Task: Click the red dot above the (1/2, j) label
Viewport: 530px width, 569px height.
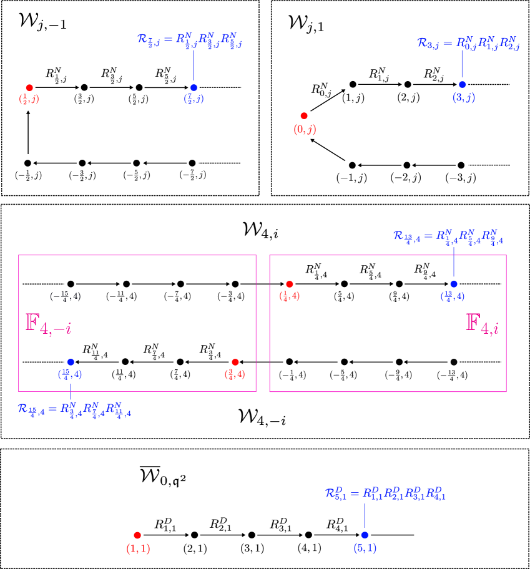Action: (x=29, y=87)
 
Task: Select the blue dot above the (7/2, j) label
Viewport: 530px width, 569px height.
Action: (x=194, y=87)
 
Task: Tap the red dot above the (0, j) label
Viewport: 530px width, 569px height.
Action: (x=304, y=115)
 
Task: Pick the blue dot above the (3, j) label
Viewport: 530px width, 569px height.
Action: (x=462, y=84)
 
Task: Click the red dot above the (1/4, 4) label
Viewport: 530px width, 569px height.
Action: (x=289, y=284)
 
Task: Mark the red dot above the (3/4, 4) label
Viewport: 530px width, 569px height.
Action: (x=235, y=362)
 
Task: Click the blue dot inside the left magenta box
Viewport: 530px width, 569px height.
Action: (x=71, y=362)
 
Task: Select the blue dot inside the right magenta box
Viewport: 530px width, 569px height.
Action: (x=454, y=284)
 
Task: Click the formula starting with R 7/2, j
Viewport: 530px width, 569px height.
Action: (x=189, y=40)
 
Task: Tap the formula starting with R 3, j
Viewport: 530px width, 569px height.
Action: (x=468, y=43)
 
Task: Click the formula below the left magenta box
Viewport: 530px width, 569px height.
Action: (x=74, y=409)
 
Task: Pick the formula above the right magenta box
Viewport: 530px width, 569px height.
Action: (x=448, y=236)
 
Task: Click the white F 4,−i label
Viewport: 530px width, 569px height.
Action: (x=49, y=324)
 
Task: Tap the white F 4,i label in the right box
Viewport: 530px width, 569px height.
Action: (x=481, y=324)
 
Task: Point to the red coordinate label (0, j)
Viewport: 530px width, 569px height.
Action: (x=305, y=129)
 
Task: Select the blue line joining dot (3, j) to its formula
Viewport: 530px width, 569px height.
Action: (x=462, y=64)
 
